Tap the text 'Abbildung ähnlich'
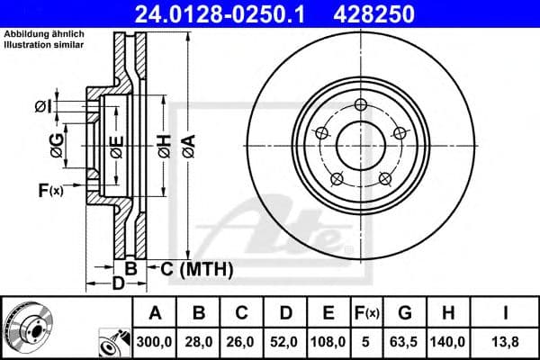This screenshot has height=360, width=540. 44,34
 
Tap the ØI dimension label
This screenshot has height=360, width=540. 43,107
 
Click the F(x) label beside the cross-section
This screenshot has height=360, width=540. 50,189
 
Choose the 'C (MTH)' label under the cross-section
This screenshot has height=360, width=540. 197,268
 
